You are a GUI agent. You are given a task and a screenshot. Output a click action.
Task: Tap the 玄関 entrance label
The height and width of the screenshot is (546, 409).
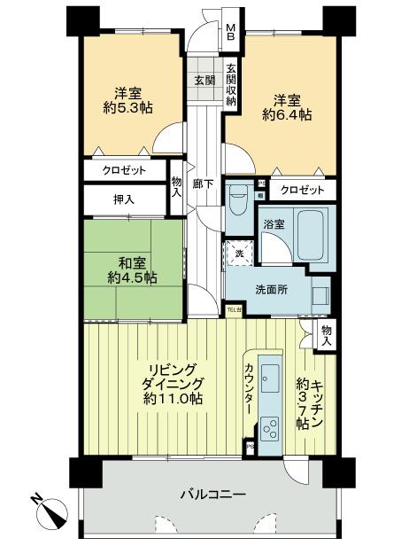(x=204, y=80)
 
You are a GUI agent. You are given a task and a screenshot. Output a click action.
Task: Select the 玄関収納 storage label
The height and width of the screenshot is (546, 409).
(x=229, y=85)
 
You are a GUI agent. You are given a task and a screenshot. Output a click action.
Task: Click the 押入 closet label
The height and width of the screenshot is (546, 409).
(x=124, y=199)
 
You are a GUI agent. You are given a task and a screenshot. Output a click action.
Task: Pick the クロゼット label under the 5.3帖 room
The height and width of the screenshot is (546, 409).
(x=125, y=169)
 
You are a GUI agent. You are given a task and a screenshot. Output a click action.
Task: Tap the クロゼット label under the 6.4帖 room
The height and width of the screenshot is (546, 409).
(x=301, y=189)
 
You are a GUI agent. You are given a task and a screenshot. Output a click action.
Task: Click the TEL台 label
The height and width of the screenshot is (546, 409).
(x=234, y=309)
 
